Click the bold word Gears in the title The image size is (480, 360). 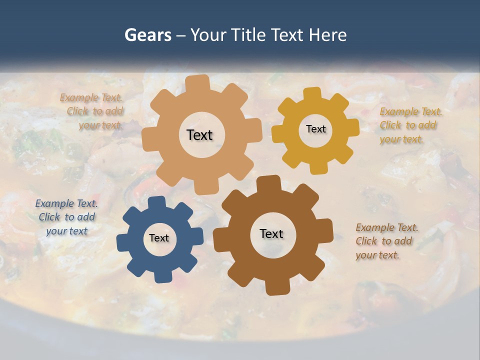[x=147, y=35]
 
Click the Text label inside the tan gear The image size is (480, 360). [x=199, y=135]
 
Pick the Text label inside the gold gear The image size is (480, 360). [x=315, y=129]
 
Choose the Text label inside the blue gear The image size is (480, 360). [x=159, y=238]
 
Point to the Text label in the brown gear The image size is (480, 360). [x=271, y=234]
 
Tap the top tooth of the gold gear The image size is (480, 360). [x=312, y=94]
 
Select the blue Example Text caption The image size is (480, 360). [x=66, y=217]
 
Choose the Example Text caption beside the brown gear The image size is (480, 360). [x=387, y=241]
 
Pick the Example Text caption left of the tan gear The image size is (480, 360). [x=92, y=111]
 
